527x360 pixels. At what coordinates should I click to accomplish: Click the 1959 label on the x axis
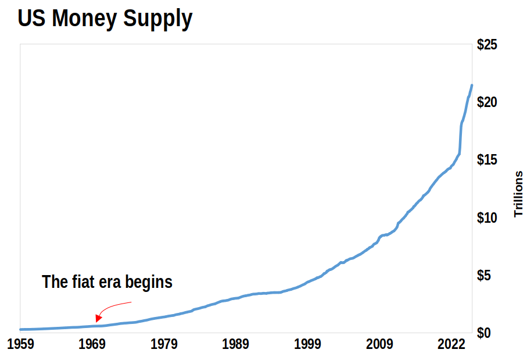[20, 345]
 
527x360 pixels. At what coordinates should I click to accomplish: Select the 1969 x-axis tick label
[92, 345]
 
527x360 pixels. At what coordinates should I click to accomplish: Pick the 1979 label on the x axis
[164, 345]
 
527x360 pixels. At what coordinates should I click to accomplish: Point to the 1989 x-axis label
[236, 345]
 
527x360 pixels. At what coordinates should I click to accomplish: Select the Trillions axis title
[518, 194]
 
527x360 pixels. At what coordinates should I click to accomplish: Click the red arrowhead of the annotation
[98, 318]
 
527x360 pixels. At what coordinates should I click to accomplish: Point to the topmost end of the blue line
[471, 85]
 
